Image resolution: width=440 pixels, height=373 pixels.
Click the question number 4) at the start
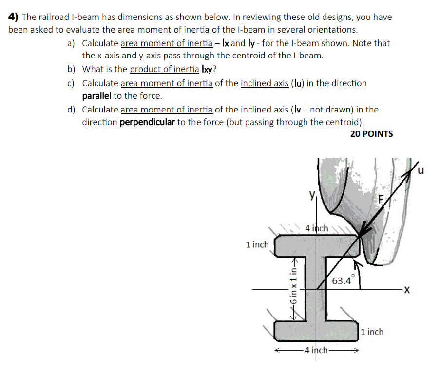14,17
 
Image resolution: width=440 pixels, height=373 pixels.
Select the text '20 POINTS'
371,134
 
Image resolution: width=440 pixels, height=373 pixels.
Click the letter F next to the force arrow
382,200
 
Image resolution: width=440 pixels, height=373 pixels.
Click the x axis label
407,291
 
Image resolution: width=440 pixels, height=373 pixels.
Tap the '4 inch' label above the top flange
317,228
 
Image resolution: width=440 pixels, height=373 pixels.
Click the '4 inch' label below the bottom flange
316,350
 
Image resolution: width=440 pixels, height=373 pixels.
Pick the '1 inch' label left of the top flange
257,244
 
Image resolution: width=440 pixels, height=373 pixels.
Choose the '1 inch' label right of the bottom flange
372,332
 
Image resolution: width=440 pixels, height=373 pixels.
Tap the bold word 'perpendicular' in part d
147,122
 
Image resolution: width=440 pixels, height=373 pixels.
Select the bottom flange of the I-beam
317,331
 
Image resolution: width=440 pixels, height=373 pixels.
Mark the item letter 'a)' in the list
71,43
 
